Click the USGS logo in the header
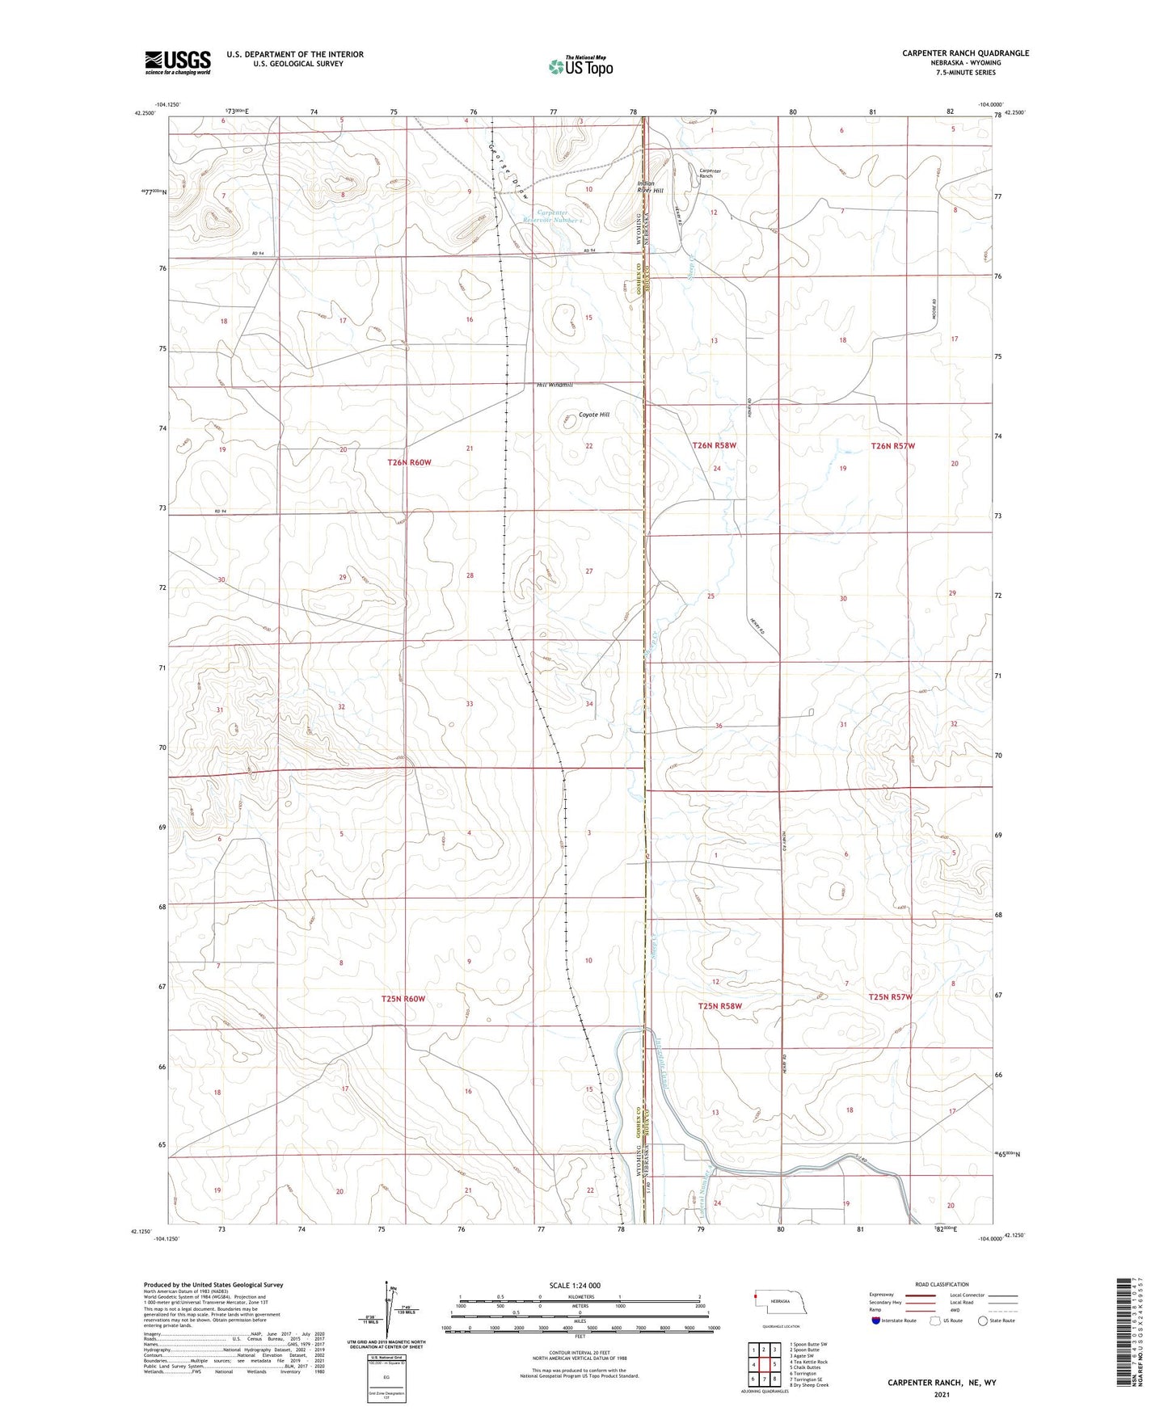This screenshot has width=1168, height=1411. coord(178,62)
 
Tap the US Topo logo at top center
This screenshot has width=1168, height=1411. coord(580,66)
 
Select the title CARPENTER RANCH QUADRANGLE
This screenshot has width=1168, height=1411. coord(965,53)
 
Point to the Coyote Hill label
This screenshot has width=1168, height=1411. coord(594,415)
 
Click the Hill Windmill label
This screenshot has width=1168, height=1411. coord(554,385)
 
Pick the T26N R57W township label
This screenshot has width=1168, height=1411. coord(892,446)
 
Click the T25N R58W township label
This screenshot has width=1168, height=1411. coord(719,1006)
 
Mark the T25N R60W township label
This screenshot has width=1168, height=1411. coord(403,999)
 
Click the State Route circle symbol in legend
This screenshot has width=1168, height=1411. coord(982,1320)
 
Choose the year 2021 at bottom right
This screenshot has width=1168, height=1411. coord(942,1395)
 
